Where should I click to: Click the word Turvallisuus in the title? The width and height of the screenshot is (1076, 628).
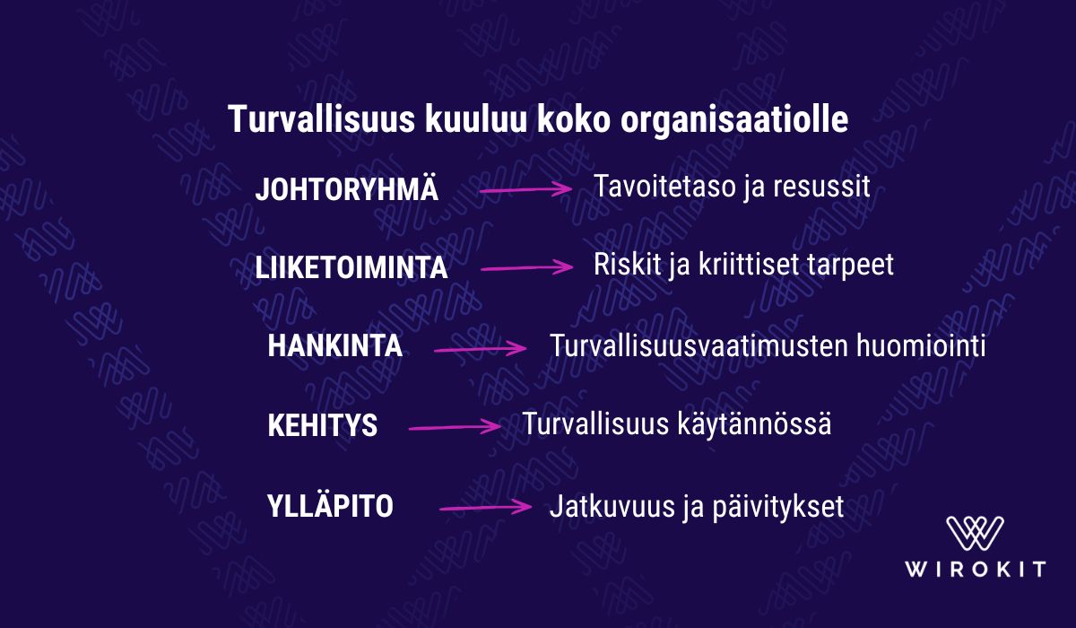point(321,118)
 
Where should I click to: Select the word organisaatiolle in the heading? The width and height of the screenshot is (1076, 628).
point(734,120)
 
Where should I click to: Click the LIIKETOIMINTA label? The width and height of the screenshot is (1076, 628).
point(351,267)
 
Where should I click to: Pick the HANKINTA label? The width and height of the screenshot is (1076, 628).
point(334,346)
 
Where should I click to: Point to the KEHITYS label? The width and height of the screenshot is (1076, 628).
point(322,425)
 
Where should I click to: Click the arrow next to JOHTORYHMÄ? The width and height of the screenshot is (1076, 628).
point(526,189)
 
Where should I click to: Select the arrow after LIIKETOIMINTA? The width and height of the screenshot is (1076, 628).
point(527,267)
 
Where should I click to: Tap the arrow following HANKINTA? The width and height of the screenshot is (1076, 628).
point(481,349)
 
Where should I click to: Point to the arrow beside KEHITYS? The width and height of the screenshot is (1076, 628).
point(455,427)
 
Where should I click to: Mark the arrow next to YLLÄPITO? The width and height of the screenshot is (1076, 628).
point(486,508)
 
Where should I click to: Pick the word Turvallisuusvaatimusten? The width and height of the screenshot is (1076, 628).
point(699,345)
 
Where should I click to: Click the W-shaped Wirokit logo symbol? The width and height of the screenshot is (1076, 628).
point(975,533)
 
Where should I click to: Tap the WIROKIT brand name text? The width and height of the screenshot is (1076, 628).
point(976,570)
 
